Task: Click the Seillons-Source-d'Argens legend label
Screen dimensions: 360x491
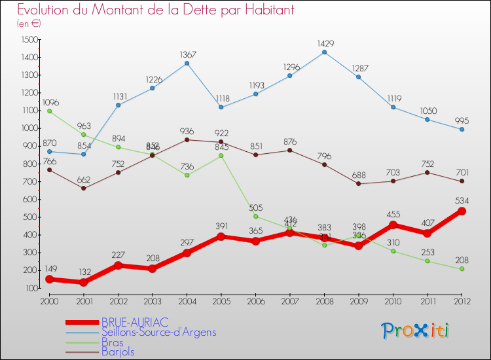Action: (x=158, y=332)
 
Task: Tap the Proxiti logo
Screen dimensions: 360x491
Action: (x=416, y=331)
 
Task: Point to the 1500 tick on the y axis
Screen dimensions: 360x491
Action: (x=29, y=40)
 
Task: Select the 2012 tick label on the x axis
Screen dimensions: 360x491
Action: (x=462, y=300)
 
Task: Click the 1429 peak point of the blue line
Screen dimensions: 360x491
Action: (x=325, y=52)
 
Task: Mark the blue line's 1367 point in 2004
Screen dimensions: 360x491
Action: (x=187, y=63)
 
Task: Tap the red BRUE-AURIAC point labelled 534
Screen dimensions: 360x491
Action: (x=462, y=211)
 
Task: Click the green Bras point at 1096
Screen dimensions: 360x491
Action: (x=50, y=111)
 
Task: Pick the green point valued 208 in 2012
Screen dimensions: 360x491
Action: (x=462, y=268)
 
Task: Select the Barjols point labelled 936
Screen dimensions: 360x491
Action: (x=187, y=139)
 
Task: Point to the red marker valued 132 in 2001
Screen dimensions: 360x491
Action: (x=84, y=282)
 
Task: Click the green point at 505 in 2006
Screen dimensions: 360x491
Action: (x=256, y=216)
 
